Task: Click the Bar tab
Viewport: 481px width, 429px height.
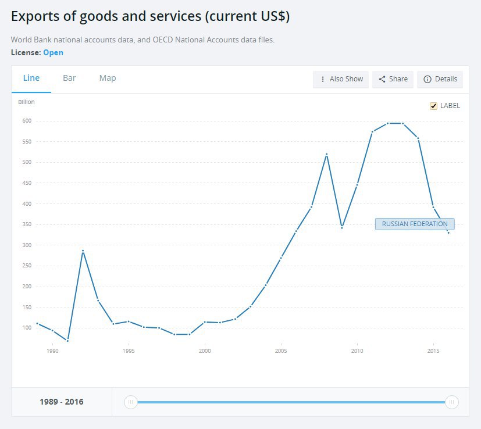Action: coord(69,78)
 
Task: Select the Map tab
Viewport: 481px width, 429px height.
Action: coord(108,78)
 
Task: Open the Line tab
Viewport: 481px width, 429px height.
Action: coord(31,78)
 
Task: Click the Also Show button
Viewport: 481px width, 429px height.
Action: coord(341,79)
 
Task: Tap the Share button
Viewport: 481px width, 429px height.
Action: coord(393,79)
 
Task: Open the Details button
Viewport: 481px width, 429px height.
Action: coord(440,79)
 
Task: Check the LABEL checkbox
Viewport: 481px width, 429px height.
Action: coord(433,106)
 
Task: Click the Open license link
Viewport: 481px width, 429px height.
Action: coord(53,52)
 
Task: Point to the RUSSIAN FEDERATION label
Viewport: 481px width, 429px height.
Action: coord(415,224)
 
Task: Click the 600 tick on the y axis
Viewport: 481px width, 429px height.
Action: coord(27,121)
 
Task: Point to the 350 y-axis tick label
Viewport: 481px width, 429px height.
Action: coord(27,224)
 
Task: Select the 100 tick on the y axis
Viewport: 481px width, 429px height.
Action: coord(27,328)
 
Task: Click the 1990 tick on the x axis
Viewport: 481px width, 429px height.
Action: coord(52,351)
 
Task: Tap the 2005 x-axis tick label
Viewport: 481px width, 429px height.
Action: coord(281,351)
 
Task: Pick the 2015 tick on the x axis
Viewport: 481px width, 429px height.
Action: coord(433,351)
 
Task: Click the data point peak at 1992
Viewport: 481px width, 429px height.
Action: coord(83,251)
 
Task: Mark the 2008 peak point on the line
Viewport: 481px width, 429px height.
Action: coord(327,154)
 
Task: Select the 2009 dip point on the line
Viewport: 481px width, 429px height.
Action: coord(342,227)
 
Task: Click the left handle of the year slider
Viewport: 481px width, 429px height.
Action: coord(131,402)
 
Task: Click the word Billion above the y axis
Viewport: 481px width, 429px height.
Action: coord(27,102)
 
